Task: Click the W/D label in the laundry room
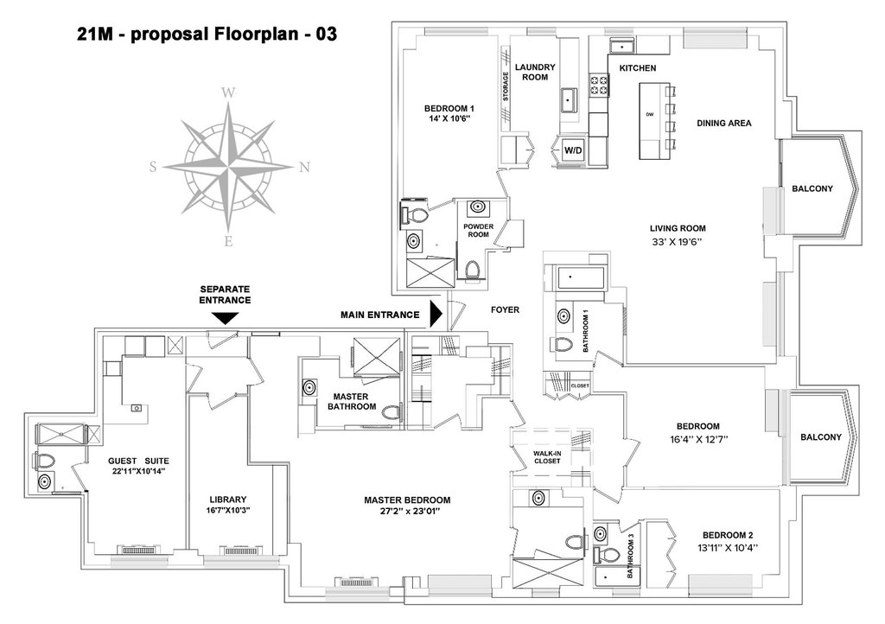573,150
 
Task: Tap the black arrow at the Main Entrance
436,315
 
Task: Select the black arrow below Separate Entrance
226,318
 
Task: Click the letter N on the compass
304,167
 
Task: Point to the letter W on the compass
228,93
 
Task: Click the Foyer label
505,309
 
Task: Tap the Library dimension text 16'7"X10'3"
228,510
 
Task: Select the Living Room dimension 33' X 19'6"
678,241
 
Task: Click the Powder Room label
478,230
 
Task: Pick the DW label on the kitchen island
650,115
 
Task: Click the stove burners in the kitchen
599,85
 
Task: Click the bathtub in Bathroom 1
581,278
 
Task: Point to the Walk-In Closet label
547,457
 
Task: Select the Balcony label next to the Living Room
812,188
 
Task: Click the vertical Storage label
506,86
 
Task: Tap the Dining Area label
723,123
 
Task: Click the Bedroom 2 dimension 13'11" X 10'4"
728,547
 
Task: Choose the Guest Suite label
138,461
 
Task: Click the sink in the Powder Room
478,207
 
